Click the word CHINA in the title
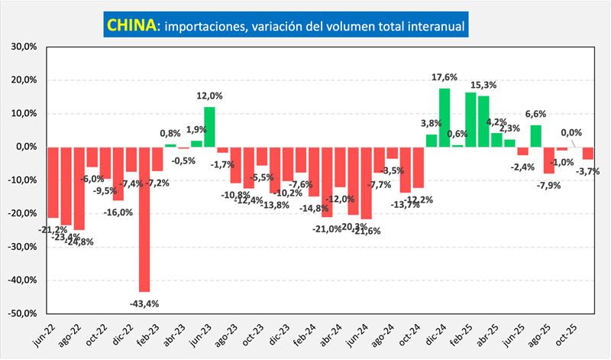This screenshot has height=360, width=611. click(130, 25)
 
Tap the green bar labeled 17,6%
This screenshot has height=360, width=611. click(445, 117)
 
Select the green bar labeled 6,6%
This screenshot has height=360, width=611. click(536, 135)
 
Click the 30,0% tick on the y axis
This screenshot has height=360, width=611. click(24, 47)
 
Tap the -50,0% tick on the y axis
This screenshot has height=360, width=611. click(23, 313)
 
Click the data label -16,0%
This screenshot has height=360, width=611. click(119, 212)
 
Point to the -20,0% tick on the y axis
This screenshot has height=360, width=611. click(23, 213)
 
